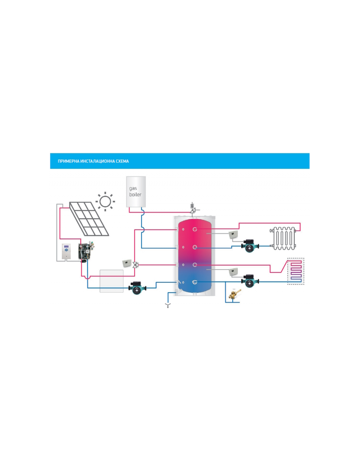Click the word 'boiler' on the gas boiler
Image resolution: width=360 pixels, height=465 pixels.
(135, 195)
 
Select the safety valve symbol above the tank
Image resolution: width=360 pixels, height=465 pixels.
(192, 208)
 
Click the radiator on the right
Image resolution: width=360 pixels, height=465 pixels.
(283, 238)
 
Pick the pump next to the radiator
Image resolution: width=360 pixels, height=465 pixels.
(250, 247)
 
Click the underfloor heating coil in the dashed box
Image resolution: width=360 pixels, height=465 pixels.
(296, 271)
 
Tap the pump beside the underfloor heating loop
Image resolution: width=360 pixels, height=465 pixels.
(250, 281)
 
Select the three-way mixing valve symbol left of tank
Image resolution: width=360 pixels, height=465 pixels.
(135, 265)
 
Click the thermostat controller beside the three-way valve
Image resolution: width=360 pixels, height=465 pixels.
(127, 263)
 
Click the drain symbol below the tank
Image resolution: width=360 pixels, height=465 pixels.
(168, 305)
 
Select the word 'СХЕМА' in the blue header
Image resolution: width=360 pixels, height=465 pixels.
(122, 161)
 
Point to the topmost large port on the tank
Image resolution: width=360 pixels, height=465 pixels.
(195, 229)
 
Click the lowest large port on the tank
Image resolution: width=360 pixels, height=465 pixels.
(195, 282)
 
